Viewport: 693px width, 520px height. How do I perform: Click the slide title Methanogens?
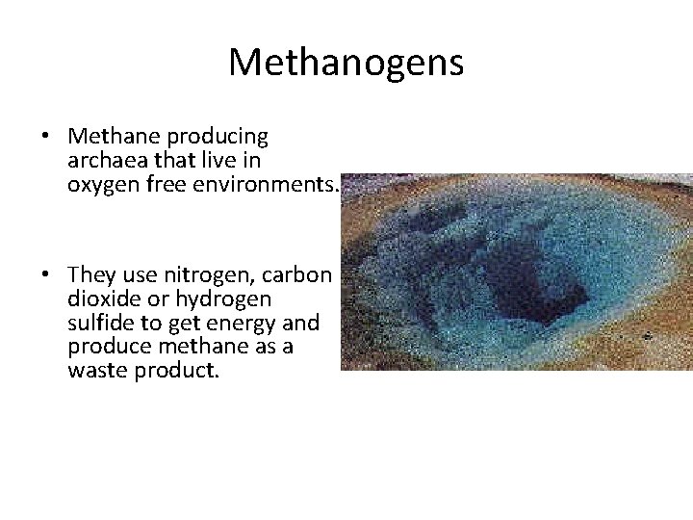tap(346, 64)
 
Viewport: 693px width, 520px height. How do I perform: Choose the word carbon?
tap(300, 276)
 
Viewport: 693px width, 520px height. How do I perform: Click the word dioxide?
tap(104, 299)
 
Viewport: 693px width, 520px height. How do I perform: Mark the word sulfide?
tap(99, 323)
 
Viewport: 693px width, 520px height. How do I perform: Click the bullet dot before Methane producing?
tap(45, 138)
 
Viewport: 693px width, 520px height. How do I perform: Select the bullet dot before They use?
tap(45, 276)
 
